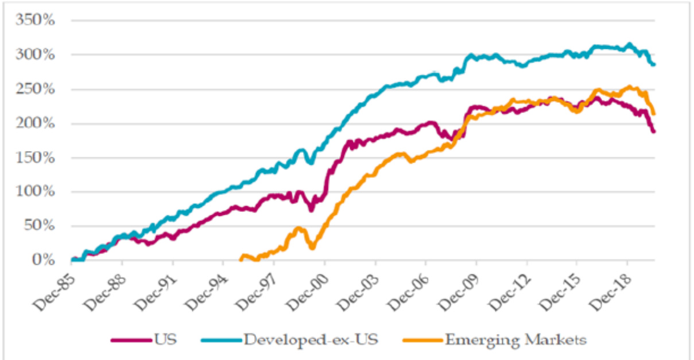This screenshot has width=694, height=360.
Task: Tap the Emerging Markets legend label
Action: pyautogui.click(x=516, y=339)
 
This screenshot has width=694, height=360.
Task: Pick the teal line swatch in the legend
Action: pyautogui.click(x=220, y=340)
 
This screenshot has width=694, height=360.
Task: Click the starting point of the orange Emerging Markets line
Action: pyautogui.click(x=241, y=260)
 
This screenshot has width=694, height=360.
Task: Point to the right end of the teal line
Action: pyautogui.click(x=654, y=64)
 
